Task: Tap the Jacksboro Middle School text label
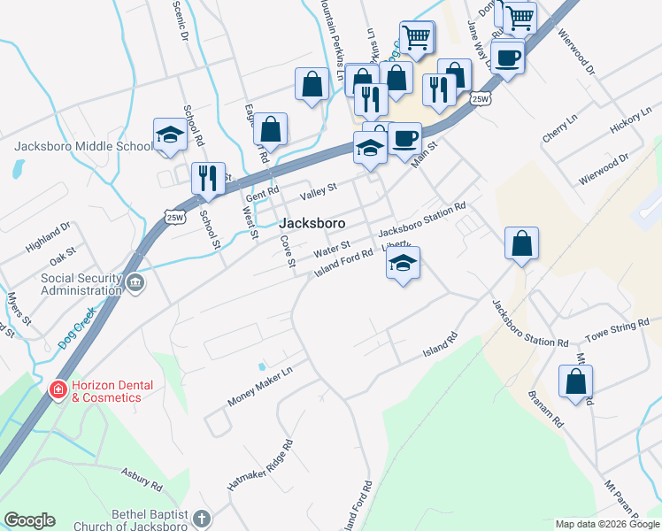pos(83,147)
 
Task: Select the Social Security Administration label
pos(81,284)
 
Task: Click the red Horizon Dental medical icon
pos(58,389)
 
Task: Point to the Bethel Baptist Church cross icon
pos(202,519)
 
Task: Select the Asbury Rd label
pos(142,480)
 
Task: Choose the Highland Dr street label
pos(48,237)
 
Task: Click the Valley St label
pos(319,190)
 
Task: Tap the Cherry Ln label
pos(559,134)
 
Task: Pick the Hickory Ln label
pos(630,122)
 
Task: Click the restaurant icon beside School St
pos(209,178)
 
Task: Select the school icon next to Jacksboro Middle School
pos(170,135)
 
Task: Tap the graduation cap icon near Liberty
pos(403,263)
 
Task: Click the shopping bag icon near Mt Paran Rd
pos(575,381)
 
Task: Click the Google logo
pos(29,520)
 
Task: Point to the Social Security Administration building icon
pos(135,284)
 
